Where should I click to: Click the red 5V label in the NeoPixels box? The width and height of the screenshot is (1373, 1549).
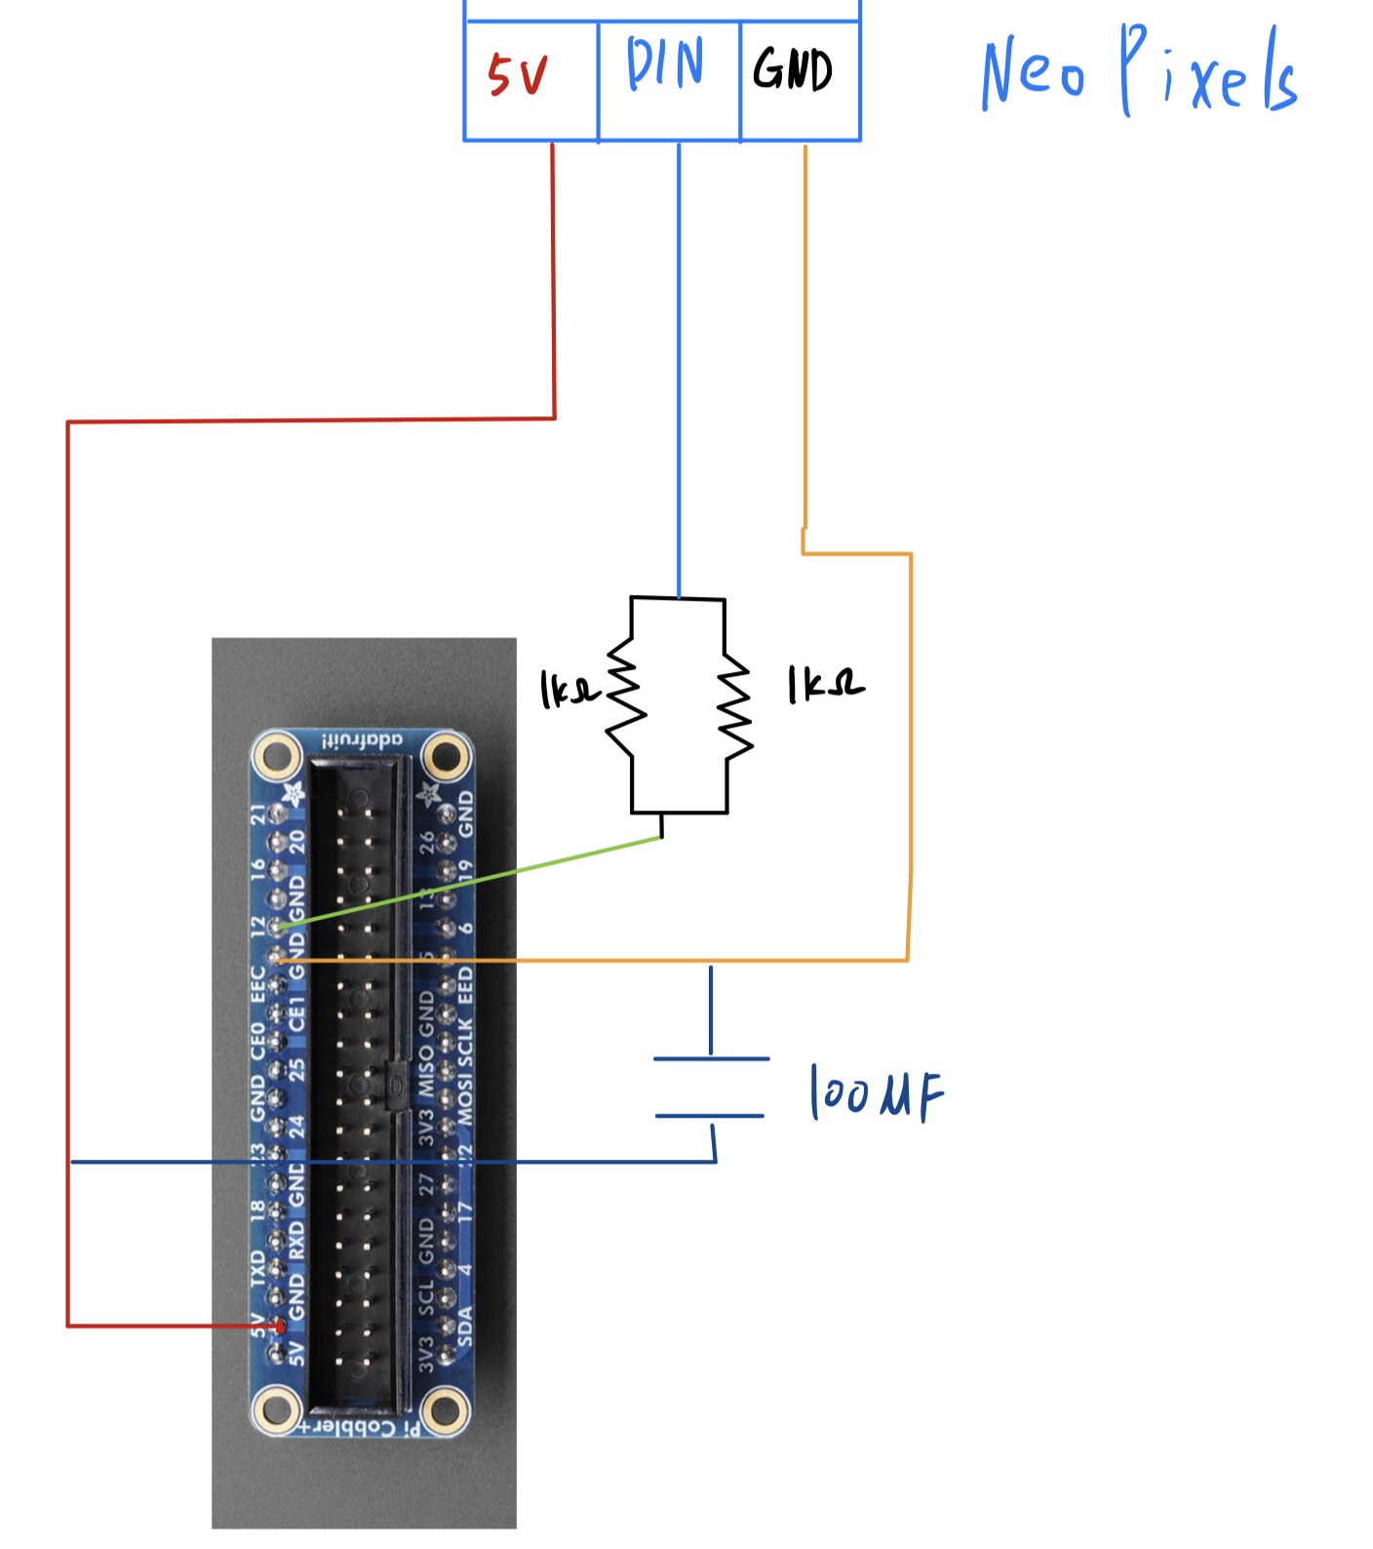click(x=518, y=75)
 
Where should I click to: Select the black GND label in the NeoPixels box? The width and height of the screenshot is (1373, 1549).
click(x=793, y=69)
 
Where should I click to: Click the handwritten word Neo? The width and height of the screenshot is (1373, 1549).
click(x=1033, y=74)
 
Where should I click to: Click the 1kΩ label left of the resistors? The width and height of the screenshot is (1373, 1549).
click(x=569, y=690)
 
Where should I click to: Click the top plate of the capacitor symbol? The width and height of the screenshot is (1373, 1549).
click(x=711, y=1058)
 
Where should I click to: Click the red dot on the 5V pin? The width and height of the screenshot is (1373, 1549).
click(x=281, y=1327)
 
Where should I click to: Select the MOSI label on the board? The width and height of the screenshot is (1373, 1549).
click(x=465, y=1099)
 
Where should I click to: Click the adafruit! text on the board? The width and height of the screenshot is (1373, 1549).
click(x=362, y=740)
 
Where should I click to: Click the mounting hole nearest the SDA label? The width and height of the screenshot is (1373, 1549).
click(x=446, y=1409)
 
